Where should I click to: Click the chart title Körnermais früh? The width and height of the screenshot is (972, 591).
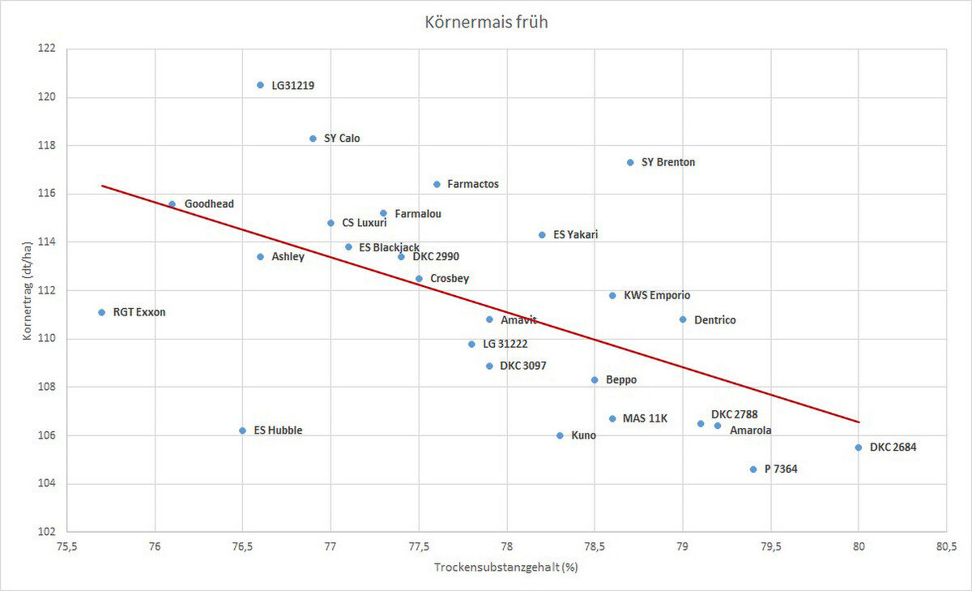[x=486, y=22]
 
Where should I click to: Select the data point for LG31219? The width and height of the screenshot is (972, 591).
[x=260, y=85]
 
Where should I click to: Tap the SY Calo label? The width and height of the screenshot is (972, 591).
[x=342, y=139]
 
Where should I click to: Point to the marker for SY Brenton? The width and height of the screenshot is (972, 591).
[x=630, y=162]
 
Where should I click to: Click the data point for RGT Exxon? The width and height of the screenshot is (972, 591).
[x=101, y=312]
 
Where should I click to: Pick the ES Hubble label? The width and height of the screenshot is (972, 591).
[x=278, y=430]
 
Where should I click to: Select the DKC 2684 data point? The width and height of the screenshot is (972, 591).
[x=859, y=448]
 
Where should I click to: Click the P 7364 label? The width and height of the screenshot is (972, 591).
[x=781, y=469]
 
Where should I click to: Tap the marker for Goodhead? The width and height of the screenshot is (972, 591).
[x=172, y=204]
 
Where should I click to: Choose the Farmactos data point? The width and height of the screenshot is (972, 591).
[x=437, y=184]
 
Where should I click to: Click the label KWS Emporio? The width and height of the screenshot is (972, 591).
[x=657, y=296]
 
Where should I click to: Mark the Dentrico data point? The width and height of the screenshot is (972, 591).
[x=683, y=319]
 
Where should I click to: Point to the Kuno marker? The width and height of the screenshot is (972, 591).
[x=560, y=435]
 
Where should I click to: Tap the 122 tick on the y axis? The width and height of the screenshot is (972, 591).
[x=48, y=49]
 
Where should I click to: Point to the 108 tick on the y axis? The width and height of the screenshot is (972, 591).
[x=48, y=387]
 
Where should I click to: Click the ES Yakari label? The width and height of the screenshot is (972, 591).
[x=575, y=235]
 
